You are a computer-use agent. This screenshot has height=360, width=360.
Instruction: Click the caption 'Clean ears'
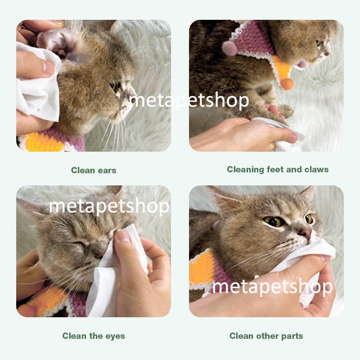tap(94, 170)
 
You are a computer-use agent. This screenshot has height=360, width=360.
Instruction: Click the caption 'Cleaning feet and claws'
tap(278, 170)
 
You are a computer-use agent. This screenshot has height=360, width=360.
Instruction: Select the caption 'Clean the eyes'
tap(94, 336)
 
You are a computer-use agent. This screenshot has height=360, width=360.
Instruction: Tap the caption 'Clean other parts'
tap(266, 336)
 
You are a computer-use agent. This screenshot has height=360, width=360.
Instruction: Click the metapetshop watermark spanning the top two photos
tap(189, 100)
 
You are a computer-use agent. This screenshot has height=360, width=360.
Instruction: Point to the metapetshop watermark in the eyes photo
tap(109, 206)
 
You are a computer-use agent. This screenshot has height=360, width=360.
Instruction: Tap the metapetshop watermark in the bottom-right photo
tap(272, 286)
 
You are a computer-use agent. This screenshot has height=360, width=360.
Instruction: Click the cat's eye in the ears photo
tap(116, 85)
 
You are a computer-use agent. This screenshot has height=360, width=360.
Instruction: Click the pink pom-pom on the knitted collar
tap(229, 48)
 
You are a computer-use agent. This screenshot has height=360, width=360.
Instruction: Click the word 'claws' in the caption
tap(316, 170)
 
